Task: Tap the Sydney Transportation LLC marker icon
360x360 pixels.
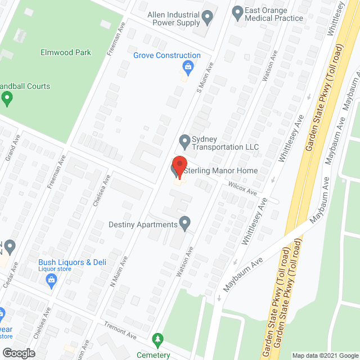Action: (184, 140)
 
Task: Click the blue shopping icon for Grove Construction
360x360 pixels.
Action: (187, 67)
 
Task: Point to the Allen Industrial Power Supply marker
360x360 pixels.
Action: (208, 17)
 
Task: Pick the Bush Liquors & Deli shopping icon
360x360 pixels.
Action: (52, 280)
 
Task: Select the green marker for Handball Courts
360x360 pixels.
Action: (7, 99)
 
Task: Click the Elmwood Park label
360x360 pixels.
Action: (66, 52)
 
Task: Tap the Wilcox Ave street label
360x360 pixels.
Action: (242, 188)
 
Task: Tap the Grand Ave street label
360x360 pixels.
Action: (12, 148)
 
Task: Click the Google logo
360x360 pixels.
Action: (18, 353)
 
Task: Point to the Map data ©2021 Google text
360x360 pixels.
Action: (325, 355)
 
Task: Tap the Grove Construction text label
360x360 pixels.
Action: (166, 55)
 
